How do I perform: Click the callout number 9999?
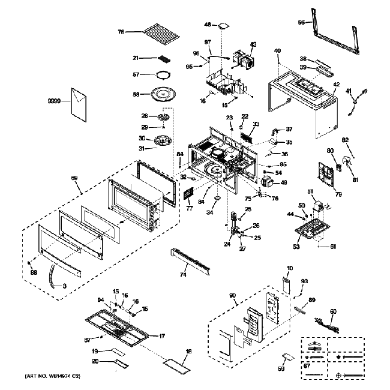pyautogui.click(x=55, y=103)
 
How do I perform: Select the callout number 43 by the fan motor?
pyautogui.click(x=253, y=45)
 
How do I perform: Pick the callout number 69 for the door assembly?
pyautogui.click(x=74, y=178)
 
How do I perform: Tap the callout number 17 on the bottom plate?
pyautogui.click(x=161, y=336)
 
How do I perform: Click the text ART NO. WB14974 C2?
pyautogui.click(x=52, y=376)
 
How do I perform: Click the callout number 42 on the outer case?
pyautogui.click(x=337, y=85)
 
